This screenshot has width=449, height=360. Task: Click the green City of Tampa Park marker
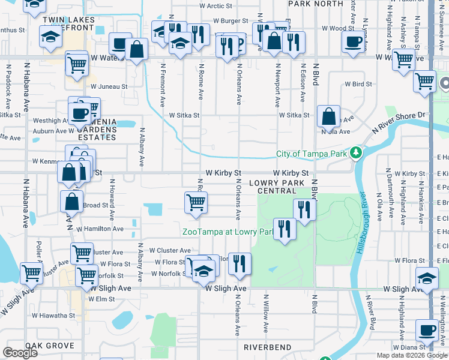point(356,154)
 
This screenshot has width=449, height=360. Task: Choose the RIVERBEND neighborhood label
point(267,347)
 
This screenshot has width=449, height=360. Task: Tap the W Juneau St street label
point(109,86)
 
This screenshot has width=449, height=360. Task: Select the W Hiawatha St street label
point(54,315)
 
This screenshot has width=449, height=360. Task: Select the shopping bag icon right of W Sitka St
point(329,116)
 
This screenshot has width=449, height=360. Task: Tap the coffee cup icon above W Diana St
point(427,329)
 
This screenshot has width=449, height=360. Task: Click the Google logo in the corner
point(20,353)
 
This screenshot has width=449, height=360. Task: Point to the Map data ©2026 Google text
point(411,355)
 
